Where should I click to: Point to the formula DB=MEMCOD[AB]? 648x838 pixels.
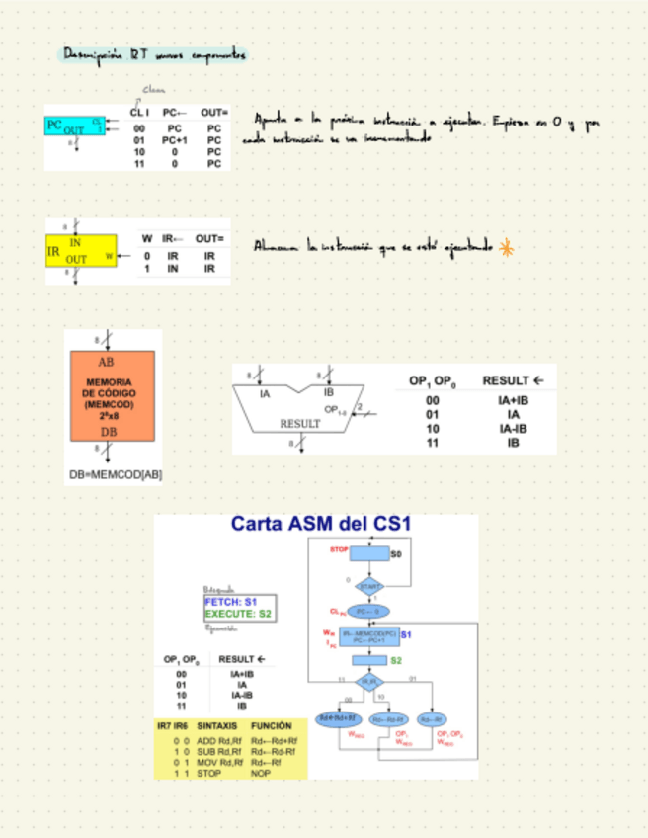click(x=115, y=475)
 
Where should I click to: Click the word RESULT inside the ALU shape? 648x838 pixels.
click(x=301, y=423)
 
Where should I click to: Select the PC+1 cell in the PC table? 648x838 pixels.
click(x=172, y=141)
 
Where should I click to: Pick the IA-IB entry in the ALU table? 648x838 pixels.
click(x=513, y=429)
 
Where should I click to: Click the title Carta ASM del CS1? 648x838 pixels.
click(x=320, y=524)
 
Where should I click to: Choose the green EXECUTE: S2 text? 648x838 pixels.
click(x=237, y=614)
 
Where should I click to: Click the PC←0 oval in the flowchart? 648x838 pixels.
click(x=368, y=612)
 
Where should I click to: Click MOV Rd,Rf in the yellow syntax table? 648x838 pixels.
click(x=219, y=762)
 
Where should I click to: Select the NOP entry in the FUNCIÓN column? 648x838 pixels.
click(x=261, y=774)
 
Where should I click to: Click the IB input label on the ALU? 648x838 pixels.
click(x=328, y=393)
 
